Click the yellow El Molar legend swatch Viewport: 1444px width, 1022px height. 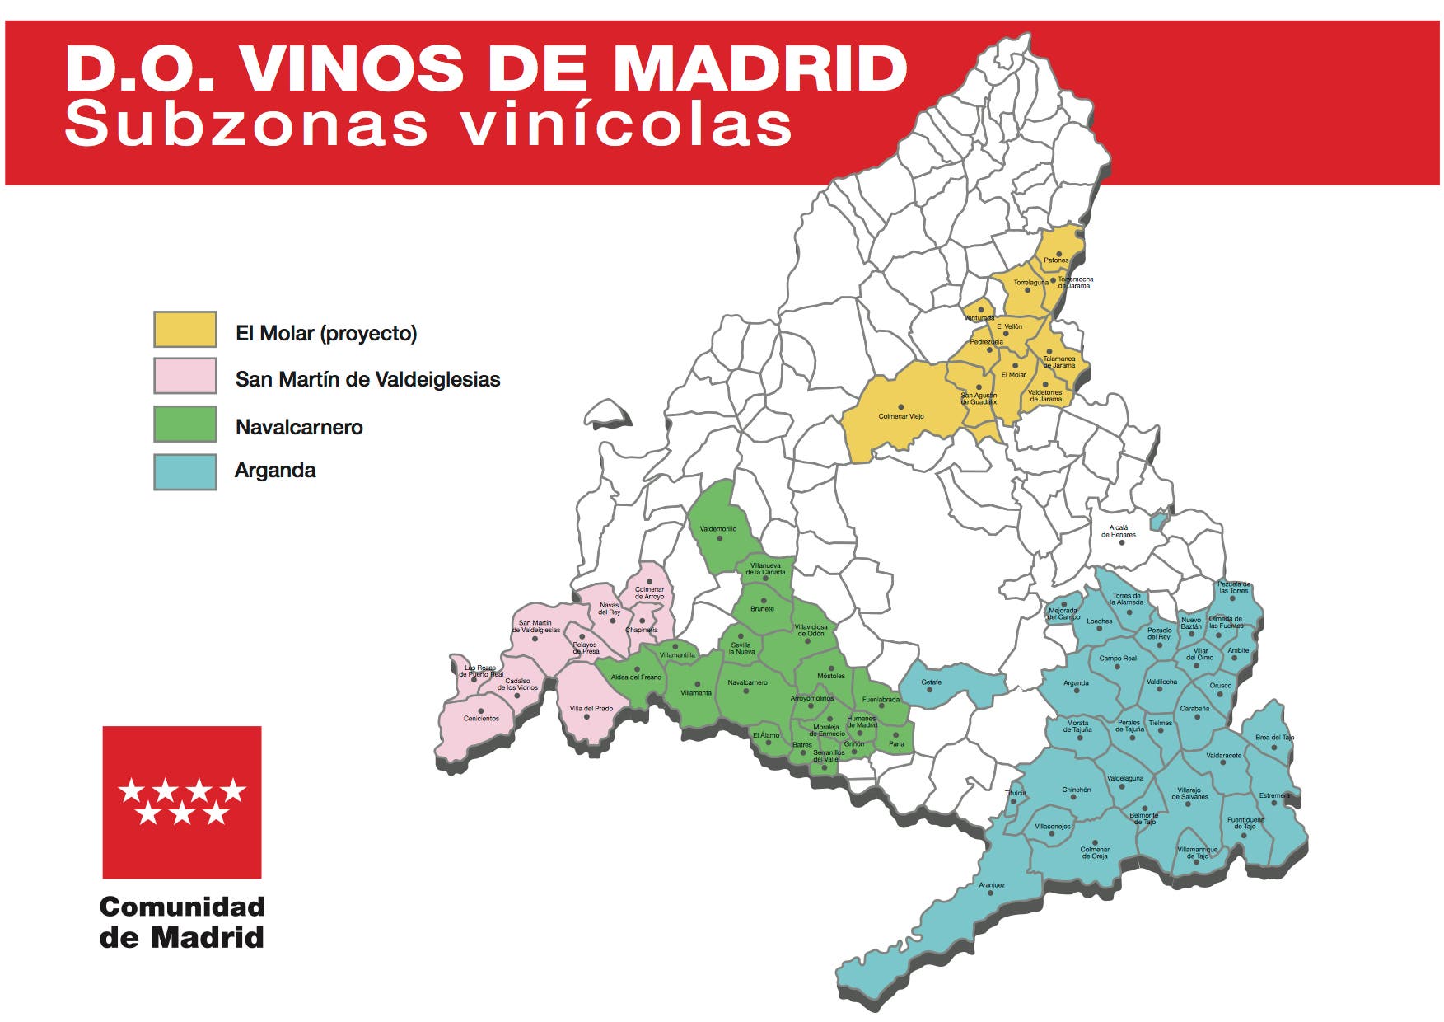pos(185,330)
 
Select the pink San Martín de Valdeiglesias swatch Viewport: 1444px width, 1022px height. pos(185,376)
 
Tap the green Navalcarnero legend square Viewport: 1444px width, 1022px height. pos(185,424)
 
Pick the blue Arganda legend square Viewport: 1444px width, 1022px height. pos(185,471)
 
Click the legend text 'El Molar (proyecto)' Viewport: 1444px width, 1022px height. pos(326,333)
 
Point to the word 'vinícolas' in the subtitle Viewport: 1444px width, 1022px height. pos(626,125)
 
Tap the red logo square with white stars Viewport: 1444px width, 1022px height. pos(182,801)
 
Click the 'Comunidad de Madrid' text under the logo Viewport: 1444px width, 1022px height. pos(182,921)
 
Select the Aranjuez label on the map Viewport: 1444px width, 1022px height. pos(992,885)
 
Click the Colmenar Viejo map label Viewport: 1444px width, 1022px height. pos(901,416)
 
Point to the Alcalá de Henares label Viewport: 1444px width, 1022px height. pos(1119,531)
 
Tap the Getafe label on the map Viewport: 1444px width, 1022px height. pos(931,682)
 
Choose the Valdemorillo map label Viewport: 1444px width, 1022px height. pos(718,529)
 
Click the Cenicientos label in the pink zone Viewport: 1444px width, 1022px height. pos(481,719)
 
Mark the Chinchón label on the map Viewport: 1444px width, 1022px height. pos(1076,790)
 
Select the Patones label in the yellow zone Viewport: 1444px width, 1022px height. pos(1056,260)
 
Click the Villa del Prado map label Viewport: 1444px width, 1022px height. pos(591,709)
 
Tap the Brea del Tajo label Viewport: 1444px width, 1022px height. pos(1274,738)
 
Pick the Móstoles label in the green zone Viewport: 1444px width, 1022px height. pos(831,676)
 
